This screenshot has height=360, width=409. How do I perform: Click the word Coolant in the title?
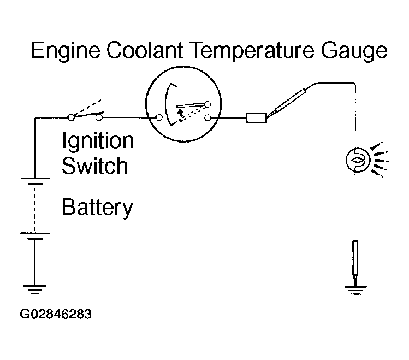(x=144, y=50)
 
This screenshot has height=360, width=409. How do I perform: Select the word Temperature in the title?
(x=251, y=51)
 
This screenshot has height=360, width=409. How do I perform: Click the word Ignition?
(x=98, y=141)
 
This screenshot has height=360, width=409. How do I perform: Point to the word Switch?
(x=95, y=166)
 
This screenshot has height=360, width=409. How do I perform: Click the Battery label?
(x=97, y=208)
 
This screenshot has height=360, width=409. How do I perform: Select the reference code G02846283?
(x=56, y=314)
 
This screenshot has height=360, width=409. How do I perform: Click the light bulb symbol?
(x=358, y=160)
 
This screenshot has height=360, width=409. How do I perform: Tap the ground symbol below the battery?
(x=35, y=290)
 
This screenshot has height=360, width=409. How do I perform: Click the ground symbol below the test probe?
(x=355, y=290)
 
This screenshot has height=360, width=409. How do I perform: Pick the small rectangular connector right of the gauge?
(x=257, y=118)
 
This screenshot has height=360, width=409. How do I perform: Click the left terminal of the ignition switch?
(x=71, y=117)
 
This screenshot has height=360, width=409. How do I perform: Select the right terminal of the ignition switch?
(x=99, y=117)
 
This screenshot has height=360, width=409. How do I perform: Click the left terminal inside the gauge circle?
(x=159, y=117)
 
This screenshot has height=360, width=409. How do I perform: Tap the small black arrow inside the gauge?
(x=180, y=112)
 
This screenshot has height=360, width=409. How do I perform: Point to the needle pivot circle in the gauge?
(x=208, y=104)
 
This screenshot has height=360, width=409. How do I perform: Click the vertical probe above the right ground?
(x=355, y=258)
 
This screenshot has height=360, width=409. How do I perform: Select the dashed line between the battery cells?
(x=35, y=209)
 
